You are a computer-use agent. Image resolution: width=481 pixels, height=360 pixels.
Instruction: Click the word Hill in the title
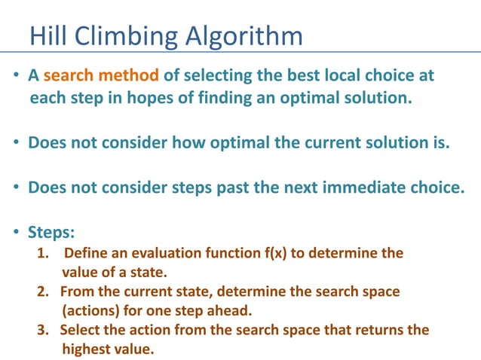(46, 35)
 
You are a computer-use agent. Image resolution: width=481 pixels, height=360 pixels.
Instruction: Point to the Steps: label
(52, 233)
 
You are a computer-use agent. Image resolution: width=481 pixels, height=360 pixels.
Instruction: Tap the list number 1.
(42, 253)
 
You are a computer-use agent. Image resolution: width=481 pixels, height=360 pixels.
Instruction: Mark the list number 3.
(43, 330)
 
